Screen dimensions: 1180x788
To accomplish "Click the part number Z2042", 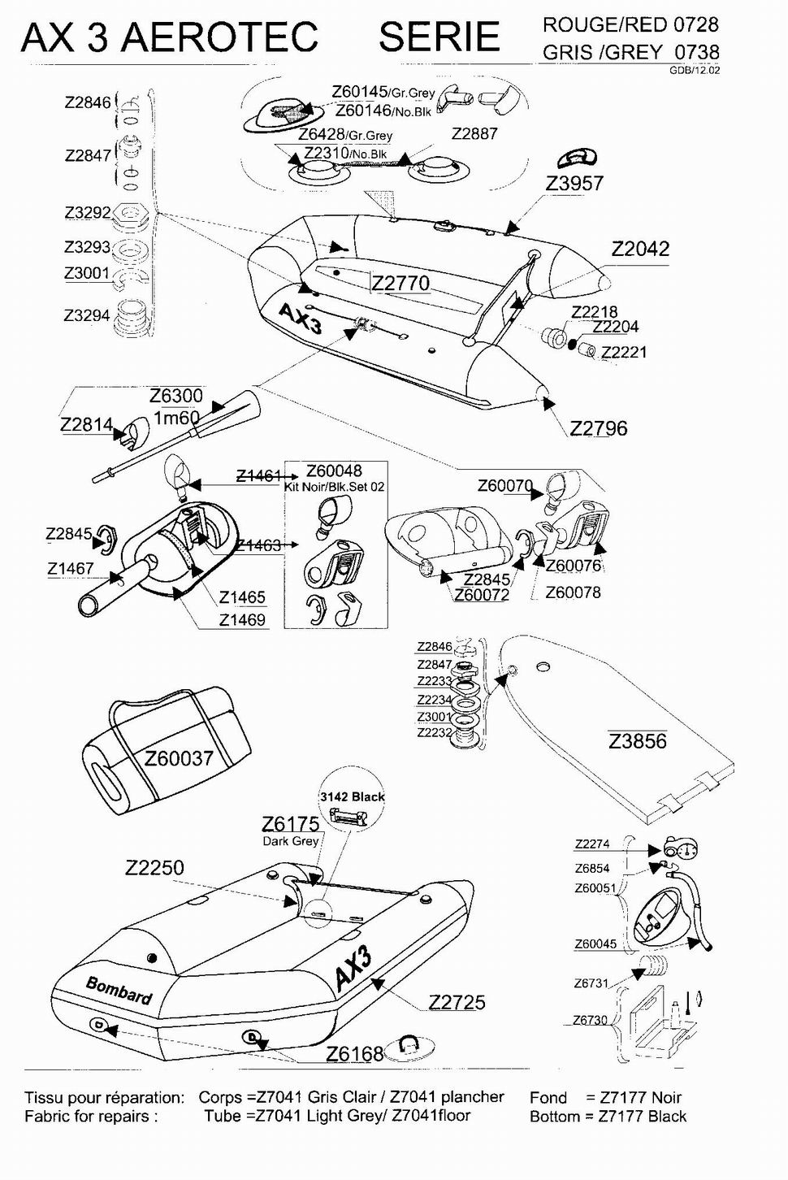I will coord(640,249).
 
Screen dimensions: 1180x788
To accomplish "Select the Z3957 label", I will coord(574,184).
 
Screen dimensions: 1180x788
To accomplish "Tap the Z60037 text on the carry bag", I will coord(179,758).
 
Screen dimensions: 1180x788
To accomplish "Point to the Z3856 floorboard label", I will coord(638,741).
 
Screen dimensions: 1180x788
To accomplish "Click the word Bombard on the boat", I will coord(119,989).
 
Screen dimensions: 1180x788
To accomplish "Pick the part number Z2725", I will coord(457,1003).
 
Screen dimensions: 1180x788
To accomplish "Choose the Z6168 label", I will coord(354,1054).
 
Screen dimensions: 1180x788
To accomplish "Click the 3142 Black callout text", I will coord(352,796).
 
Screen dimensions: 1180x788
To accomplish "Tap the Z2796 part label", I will coord(599,428).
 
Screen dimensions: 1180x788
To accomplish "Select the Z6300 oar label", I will coord(176,396).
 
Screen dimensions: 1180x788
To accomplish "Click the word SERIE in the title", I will coord(439,37).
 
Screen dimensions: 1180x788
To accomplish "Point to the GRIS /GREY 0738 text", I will coord(631,52).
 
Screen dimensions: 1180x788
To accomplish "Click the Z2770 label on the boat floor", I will coord(400,283).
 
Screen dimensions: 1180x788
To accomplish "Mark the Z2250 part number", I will coord(154,868).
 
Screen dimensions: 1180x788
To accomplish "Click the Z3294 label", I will coord(87,315).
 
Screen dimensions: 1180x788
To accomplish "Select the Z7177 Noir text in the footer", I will coord(639,1098).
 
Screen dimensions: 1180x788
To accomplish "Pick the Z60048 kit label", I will coord(334,471).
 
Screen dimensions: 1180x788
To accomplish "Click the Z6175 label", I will coord(290,824).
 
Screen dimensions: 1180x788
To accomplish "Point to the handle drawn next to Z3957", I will coord(577,157).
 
